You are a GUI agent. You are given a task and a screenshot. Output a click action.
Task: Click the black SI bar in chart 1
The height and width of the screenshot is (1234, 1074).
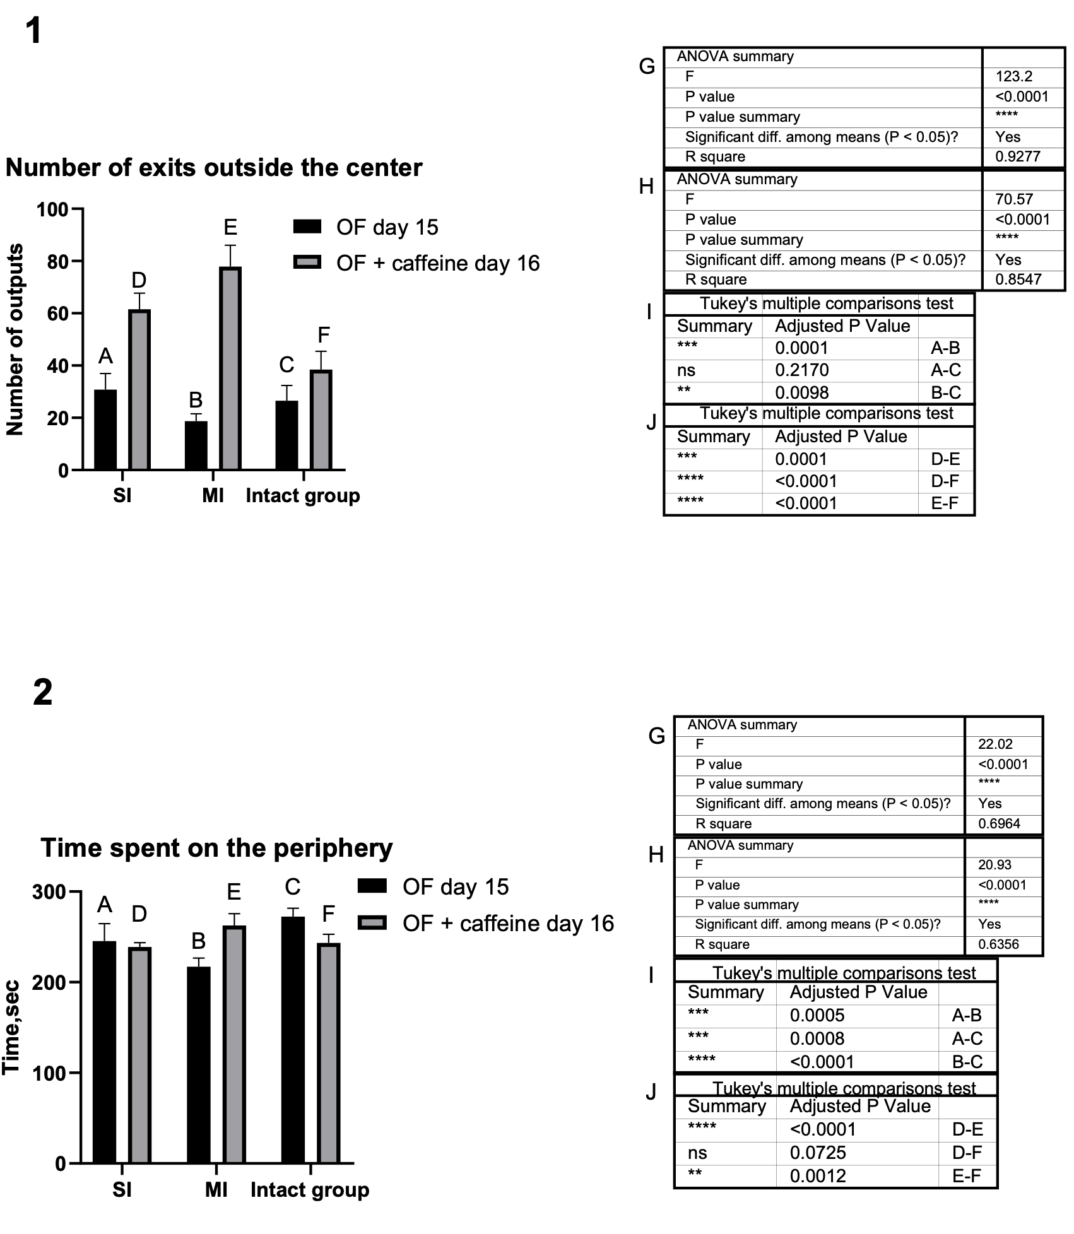point(105,430)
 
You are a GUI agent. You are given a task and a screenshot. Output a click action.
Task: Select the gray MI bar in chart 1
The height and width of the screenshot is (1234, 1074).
point(230,368)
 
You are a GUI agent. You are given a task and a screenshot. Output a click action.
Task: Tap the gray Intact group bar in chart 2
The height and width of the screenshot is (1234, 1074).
point(328,1053)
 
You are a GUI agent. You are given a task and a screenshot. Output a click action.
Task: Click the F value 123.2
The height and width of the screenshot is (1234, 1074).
point(1013,77)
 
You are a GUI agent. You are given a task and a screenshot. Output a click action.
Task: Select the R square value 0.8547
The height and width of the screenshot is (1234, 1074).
point(1017,279)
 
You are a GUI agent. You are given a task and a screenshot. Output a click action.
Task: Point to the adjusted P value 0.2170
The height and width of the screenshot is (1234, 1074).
point(801,370)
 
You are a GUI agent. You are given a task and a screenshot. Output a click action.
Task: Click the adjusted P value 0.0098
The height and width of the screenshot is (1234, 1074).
point(801,392)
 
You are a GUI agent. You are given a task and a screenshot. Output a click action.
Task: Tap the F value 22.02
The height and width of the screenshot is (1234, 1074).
point(995,744)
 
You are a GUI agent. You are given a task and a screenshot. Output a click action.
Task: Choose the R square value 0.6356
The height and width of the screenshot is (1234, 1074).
point(999,944)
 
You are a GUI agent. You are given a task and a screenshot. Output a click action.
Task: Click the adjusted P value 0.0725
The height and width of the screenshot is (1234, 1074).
point(818,1153)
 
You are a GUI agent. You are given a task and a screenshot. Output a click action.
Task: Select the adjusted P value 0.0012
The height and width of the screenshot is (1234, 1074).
point(818,1176)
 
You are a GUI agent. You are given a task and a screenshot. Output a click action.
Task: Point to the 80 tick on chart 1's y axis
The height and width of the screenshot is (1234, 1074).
point(57,261)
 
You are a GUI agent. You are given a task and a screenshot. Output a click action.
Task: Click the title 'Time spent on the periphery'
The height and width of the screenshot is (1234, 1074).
point(216,848)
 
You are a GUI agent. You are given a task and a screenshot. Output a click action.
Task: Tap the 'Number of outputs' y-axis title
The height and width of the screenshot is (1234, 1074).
point(15,339)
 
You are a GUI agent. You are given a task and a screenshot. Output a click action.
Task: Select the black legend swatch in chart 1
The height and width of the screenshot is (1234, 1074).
point(307,227)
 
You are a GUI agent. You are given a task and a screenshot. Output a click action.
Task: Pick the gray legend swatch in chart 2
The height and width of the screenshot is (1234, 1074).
point(372,923)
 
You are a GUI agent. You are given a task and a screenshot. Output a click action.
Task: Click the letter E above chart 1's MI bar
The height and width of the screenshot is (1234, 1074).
point(230,227)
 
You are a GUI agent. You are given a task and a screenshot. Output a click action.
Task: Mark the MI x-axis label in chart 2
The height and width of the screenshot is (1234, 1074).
point(216,1190)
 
